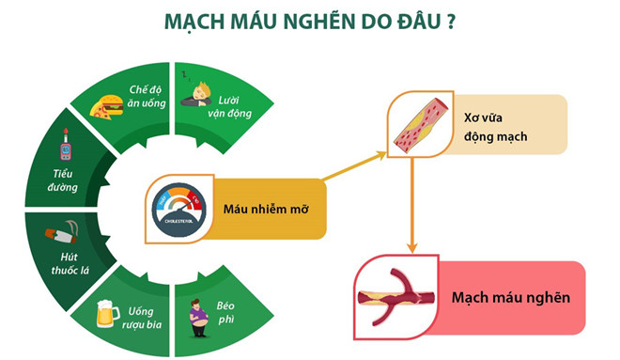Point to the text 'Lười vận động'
[227, 108]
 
